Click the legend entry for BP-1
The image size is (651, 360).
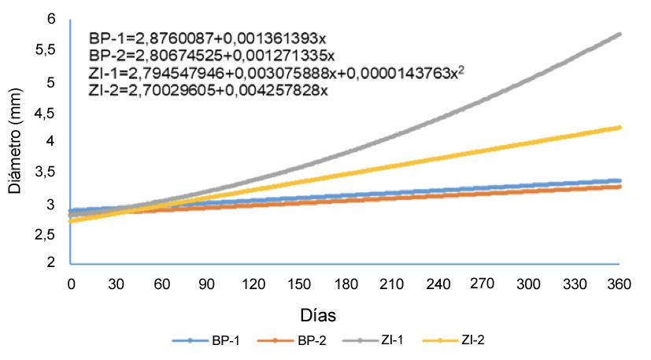[207, 340]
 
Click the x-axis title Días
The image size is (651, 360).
[319, 315]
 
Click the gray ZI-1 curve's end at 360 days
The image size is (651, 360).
[620, 35]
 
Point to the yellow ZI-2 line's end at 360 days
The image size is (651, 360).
[620, 128]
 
